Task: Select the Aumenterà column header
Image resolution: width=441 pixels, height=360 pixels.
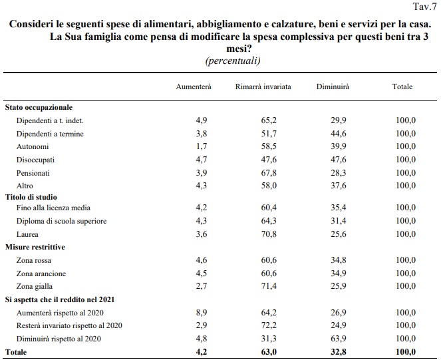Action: tap(193, 87)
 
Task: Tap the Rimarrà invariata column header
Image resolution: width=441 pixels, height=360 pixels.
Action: tap(263, 87)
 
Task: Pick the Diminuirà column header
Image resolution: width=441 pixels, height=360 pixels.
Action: tap(333, 87)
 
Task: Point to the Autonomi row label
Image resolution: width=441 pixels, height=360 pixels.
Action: tap(32, 146)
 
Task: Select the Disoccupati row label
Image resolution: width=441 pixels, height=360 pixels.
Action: tap(36, 160)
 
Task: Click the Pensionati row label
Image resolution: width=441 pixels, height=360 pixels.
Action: tap(34, 172)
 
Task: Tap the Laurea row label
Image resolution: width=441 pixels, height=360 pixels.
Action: tap(27, 234)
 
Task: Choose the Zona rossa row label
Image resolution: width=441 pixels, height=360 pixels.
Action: tap(34, 260)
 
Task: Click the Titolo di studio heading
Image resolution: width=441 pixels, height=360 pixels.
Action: tap(31, 197)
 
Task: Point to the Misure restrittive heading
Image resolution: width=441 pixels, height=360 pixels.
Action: tap(35, 247)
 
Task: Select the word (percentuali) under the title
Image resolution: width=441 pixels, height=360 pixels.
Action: tap(233, 61)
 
